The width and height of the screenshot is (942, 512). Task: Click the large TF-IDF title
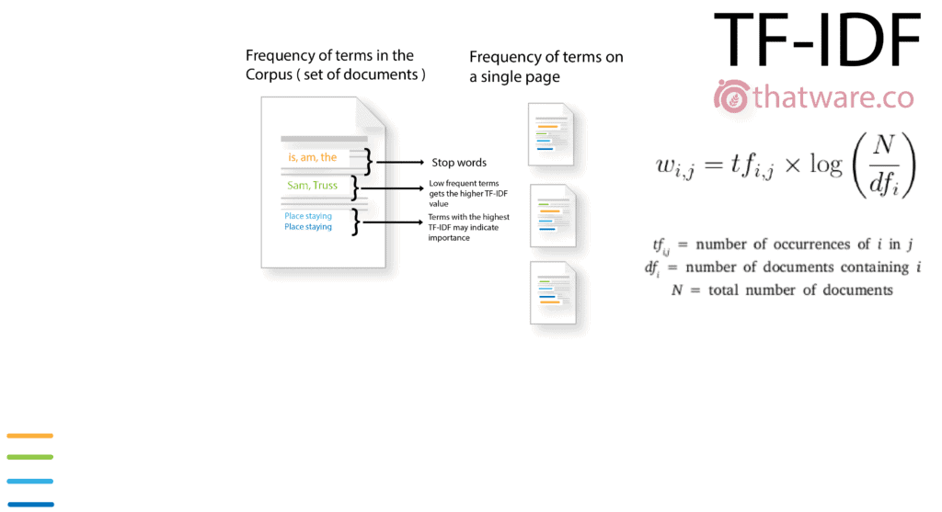coord(817,41)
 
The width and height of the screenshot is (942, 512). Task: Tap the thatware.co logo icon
coord(732,97)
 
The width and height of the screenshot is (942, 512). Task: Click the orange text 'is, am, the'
coord(313,157)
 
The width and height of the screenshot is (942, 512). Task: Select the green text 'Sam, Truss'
coord(312,186)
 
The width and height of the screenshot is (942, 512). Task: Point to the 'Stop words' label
coord(459,163)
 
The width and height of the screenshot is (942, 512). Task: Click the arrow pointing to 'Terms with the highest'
coord(395,222)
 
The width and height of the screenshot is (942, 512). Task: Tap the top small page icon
coord(551,134)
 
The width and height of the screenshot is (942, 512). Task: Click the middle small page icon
coord(553,216)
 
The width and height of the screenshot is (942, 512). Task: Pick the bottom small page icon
coord(553,293)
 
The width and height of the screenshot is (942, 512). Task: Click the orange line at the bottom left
coord(30,436)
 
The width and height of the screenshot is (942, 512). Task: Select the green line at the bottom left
coord(30,457)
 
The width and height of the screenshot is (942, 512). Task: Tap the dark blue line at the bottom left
coord(30,504)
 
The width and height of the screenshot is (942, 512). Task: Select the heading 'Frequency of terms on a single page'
coord(546,67)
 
